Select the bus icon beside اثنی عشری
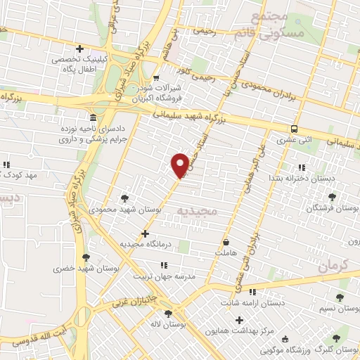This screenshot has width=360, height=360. pos(294,129)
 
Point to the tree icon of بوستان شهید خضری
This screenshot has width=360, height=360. pos(86,257)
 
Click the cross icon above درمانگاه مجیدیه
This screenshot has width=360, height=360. pos(146,233)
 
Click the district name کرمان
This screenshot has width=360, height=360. pos(333,266)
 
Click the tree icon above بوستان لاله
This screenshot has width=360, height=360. pos(167,314)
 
